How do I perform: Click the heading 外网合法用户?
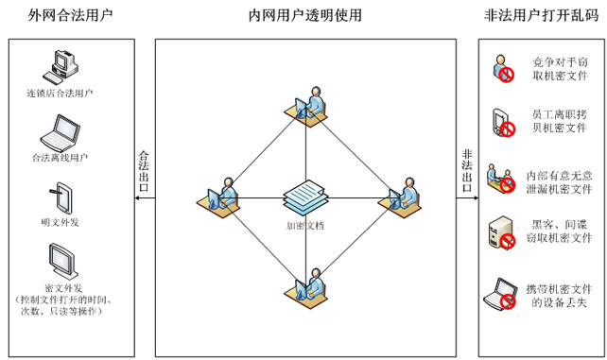coord(72,16)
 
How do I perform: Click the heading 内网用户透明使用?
coord(304,16)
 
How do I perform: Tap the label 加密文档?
coord(304,227)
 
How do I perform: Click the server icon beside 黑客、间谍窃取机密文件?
coord(501,235)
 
